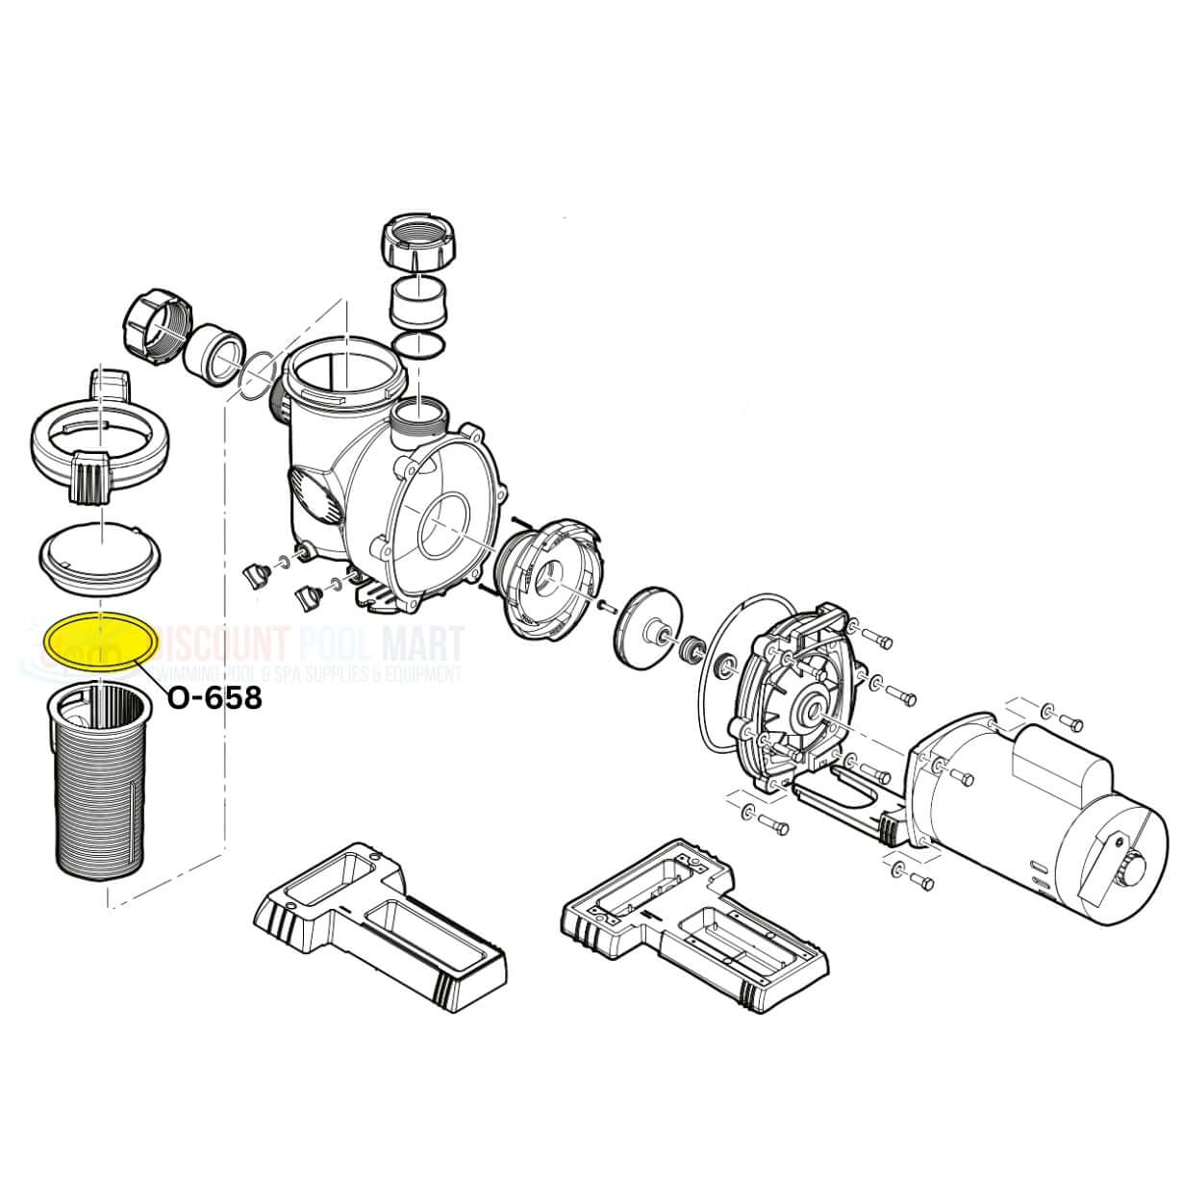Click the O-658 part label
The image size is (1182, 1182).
click(214, 697)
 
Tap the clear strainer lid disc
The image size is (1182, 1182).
click(93, 555)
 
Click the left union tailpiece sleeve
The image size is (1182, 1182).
click(215, 351)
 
